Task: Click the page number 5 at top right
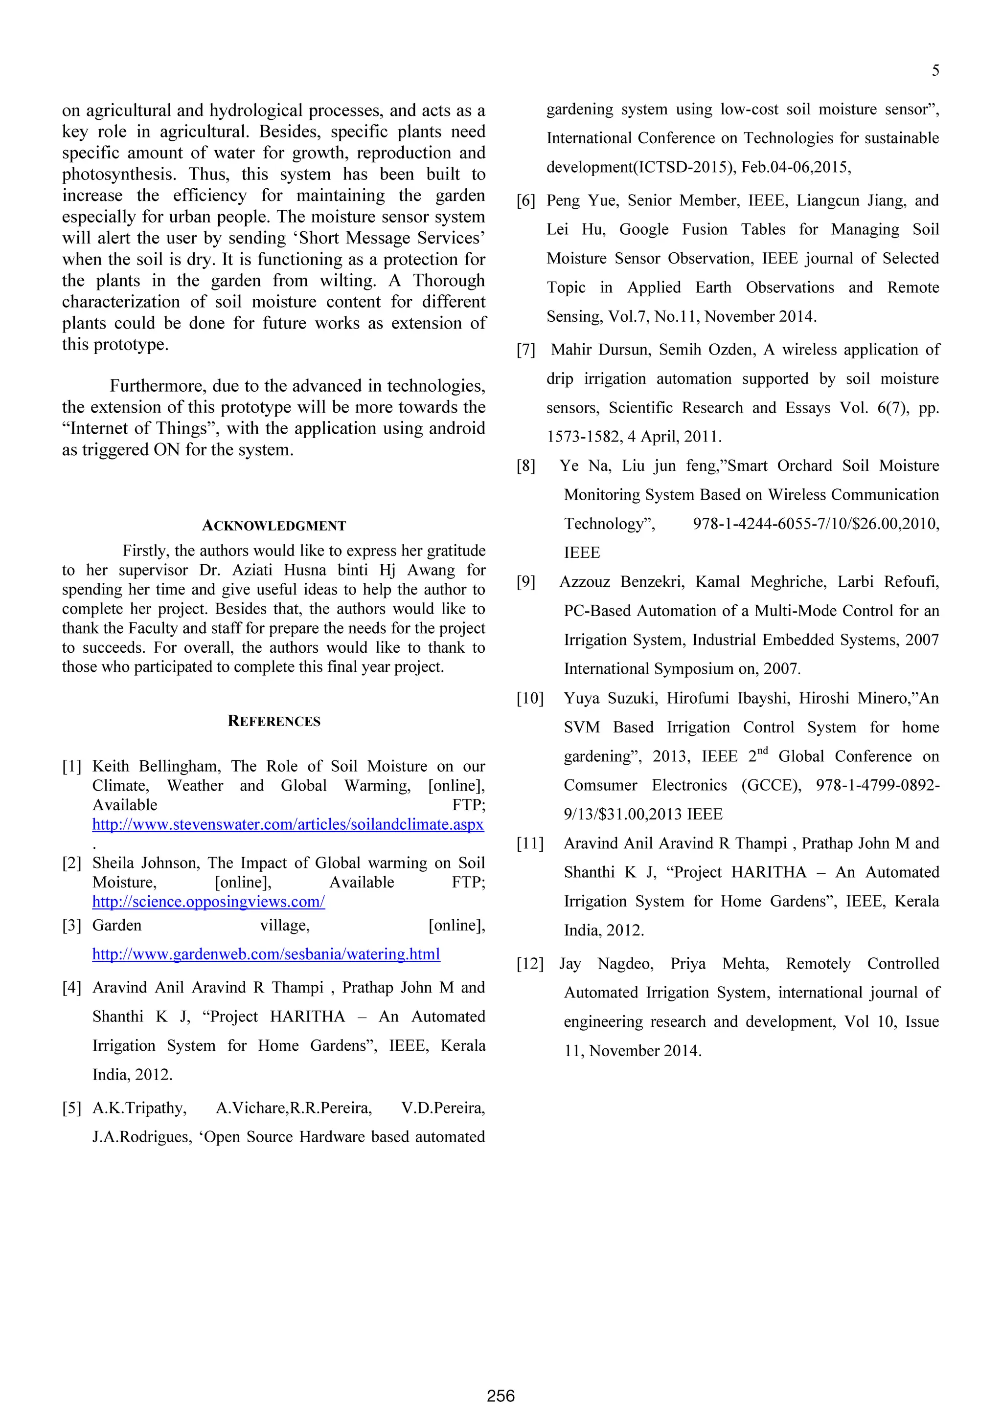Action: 935,71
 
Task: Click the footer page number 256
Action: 501,1395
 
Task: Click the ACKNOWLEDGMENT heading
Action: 274,526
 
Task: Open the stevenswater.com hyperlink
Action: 288,824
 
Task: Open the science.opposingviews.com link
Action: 208,902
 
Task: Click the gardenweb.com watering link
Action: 266,954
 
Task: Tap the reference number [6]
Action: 525,201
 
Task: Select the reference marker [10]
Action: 530,699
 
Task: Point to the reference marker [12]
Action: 530,964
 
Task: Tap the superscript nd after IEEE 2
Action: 763,751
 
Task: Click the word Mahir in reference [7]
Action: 571,350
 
